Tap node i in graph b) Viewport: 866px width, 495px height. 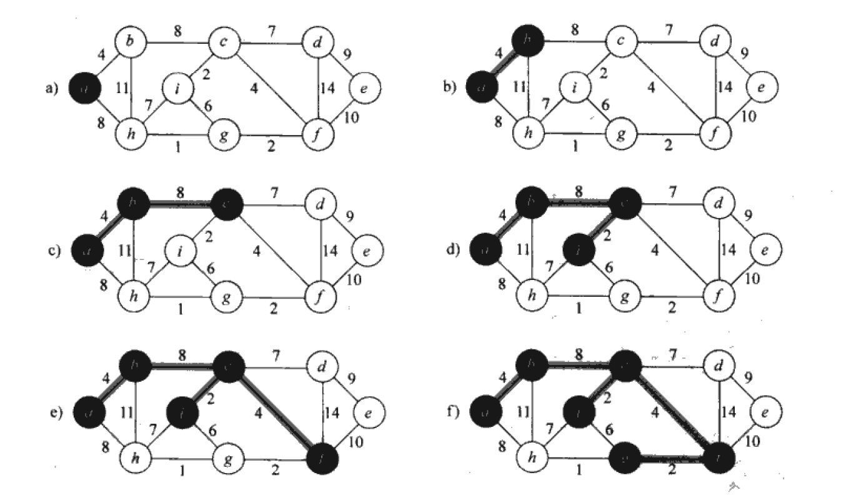575,86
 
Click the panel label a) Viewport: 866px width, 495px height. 51,88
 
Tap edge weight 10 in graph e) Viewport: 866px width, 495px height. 356,442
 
